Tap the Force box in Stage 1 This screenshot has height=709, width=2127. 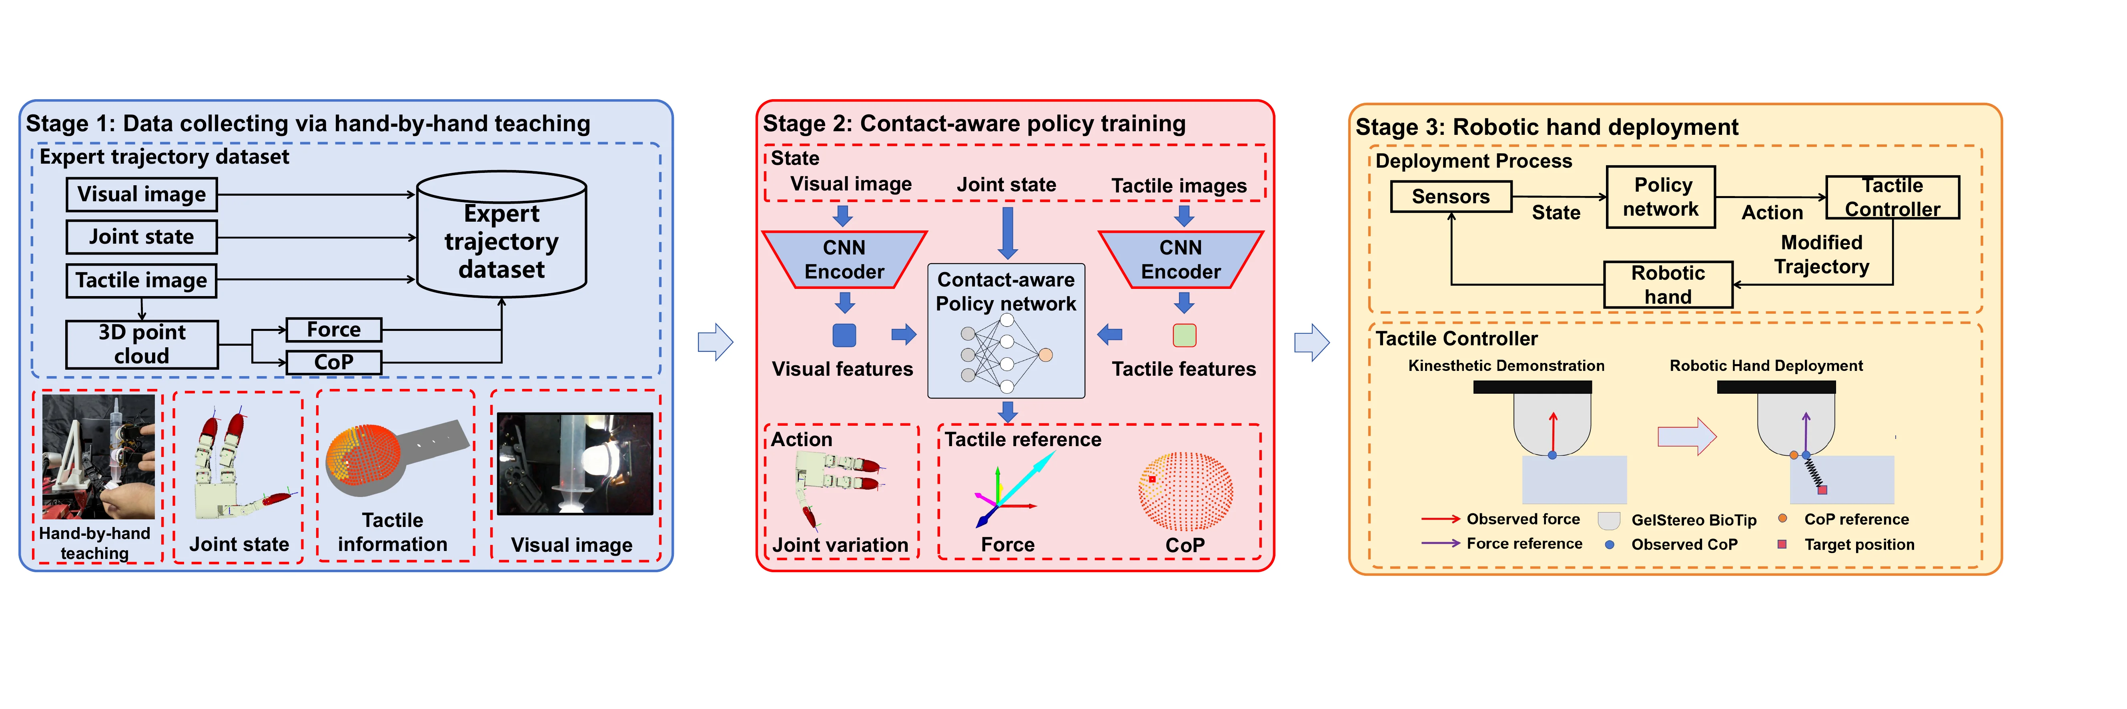pyautogui.click(x=334, y=329)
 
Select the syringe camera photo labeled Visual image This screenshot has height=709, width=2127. pyautogui.click(x=575, y=464)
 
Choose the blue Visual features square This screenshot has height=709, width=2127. pyautogui.click(x=844, y=335)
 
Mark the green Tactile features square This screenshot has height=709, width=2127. pyautogui.click(x=1184, y=335)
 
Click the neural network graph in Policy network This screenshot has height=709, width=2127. pyautogui.click(x=1006, y=355)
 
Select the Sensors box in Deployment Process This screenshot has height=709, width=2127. pyautogui.click(x=1451, y=196)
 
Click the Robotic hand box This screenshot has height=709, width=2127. pyautogui.click(x=1668, y=285)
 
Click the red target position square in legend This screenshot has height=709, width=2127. pyautogui.click(x=1782, y=544)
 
